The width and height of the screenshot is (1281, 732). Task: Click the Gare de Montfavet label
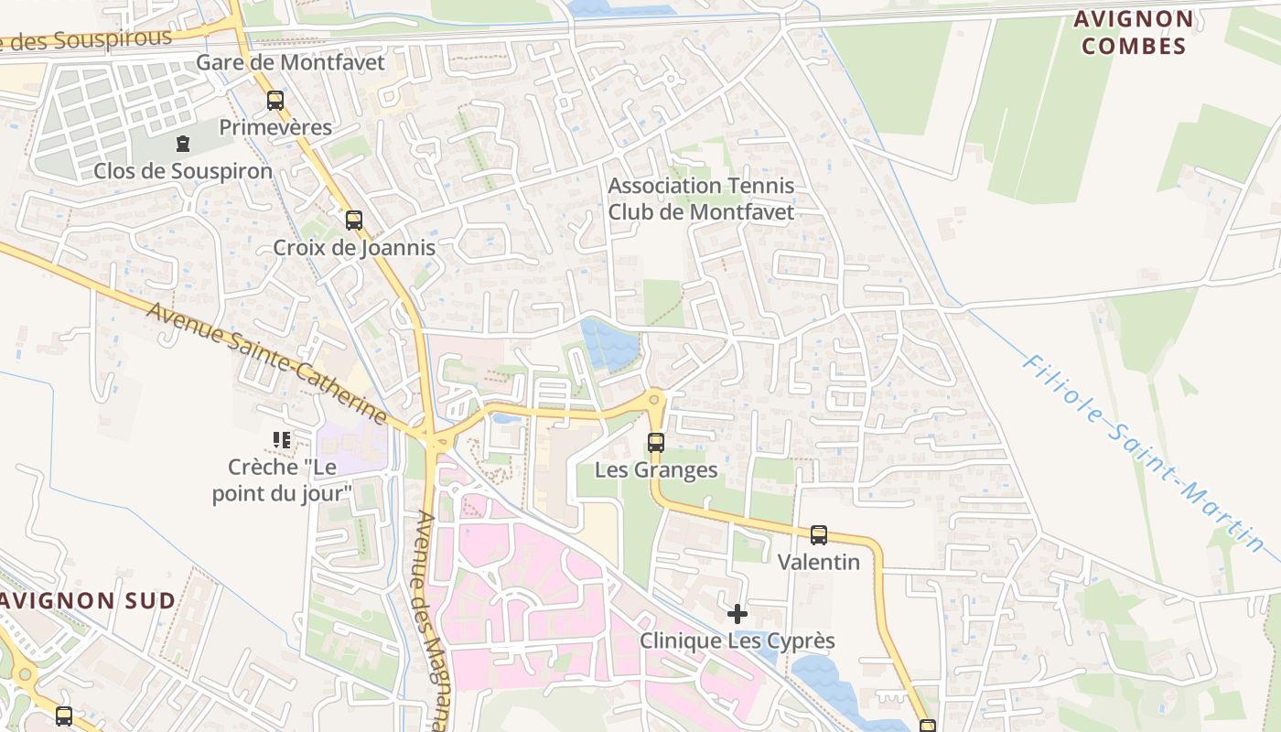290,62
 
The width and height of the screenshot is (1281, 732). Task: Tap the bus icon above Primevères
275,101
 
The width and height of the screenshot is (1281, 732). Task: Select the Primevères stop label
275,127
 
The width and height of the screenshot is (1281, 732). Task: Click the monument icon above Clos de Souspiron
183,144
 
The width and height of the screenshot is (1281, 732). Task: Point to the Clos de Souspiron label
183,171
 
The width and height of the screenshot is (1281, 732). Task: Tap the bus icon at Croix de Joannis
354,221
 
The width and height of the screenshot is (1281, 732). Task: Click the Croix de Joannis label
354,247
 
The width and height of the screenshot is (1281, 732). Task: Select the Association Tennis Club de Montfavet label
701,199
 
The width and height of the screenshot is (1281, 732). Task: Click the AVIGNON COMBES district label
1134,32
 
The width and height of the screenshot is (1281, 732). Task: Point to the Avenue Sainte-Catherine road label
267,363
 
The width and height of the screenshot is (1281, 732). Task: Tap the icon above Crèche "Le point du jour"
282,440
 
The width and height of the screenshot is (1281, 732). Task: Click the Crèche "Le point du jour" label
282,479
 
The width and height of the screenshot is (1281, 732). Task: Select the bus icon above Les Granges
656,443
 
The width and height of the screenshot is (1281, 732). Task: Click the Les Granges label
656,470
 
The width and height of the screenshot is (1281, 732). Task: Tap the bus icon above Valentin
819,535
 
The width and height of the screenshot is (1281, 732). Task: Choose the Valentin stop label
819,562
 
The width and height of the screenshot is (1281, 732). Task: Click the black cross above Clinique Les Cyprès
737,614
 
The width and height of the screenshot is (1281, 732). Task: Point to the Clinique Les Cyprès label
737,640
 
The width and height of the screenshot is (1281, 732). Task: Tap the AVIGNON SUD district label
87,601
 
